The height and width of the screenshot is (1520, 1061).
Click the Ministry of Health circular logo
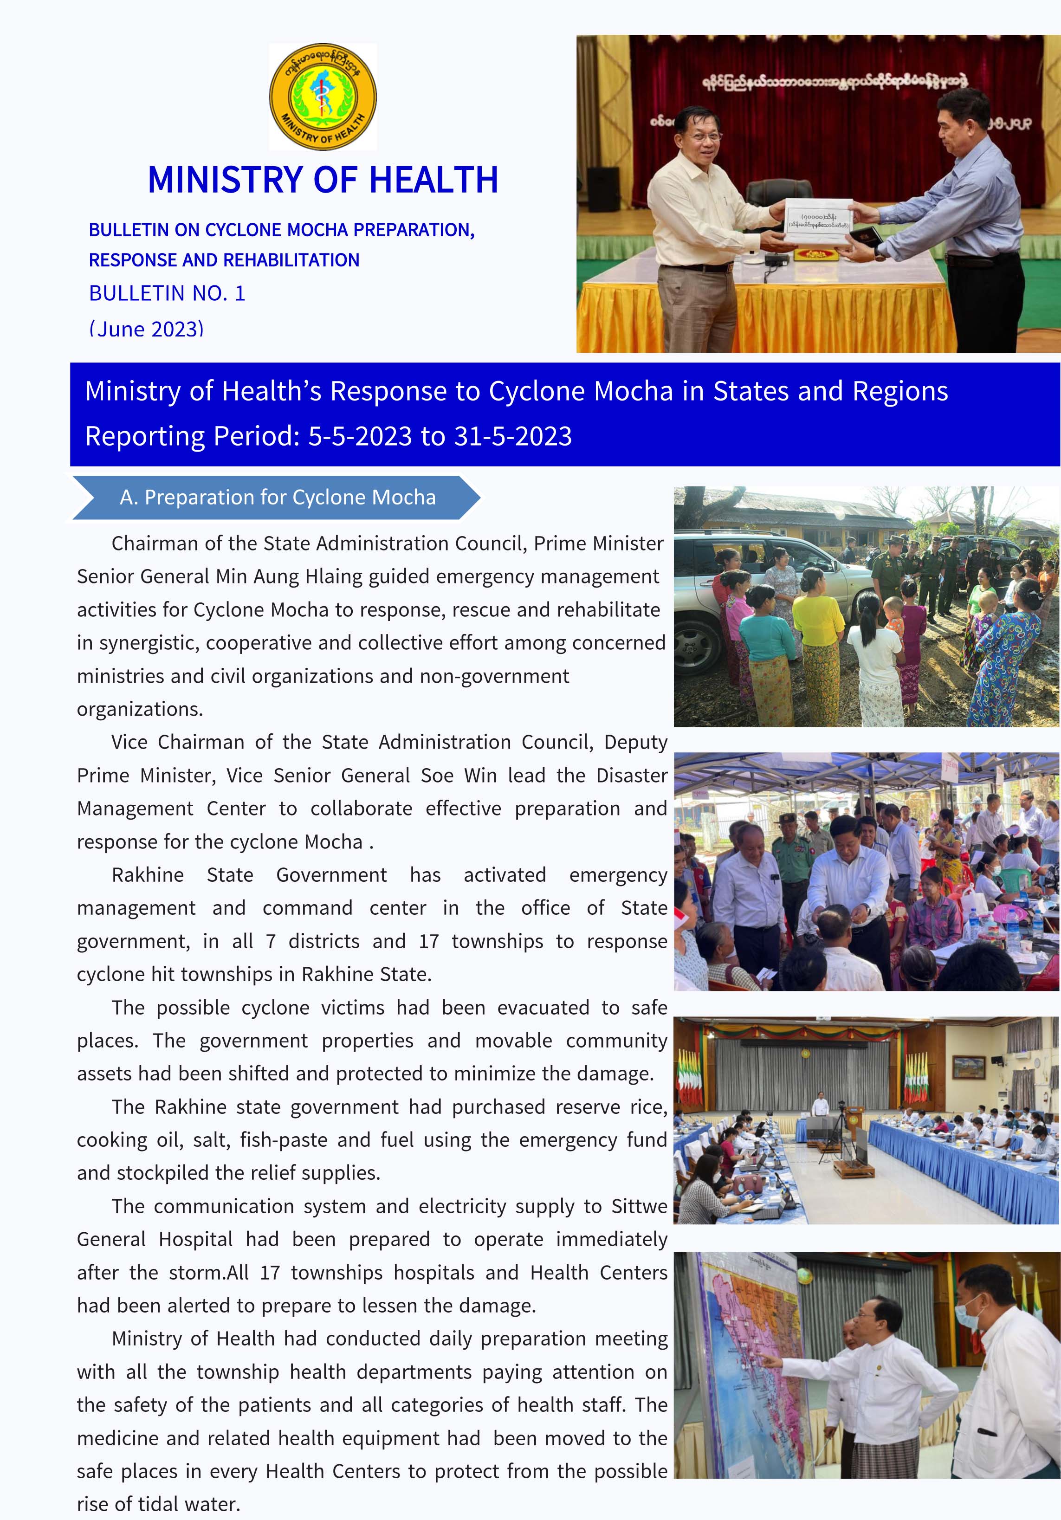(323, 97)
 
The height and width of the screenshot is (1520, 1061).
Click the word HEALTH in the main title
(433, 180)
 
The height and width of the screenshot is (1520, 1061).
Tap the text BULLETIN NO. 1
(167, 293)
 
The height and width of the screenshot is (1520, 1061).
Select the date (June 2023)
(146, 328)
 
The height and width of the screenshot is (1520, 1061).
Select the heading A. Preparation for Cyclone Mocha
(278, 497)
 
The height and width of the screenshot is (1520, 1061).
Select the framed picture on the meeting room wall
(968, 1067)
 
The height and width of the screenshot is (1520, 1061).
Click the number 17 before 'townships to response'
(429, 941)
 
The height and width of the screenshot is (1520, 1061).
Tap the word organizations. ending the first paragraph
(140, 709)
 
